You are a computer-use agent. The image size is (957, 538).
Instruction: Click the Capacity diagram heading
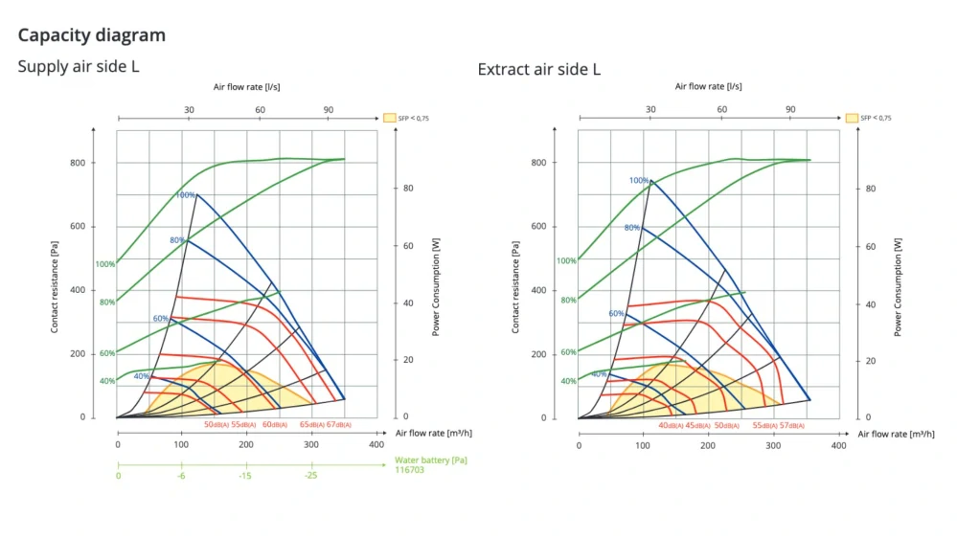point(92,35)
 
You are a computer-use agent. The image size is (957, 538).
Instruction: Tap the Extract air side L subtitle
point(539,69)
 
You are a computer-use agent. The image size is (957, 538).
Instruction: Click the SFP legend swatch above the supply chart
point(390,118)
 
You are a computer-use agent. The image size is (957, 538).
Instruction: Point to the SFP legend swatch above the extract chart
point(852,118)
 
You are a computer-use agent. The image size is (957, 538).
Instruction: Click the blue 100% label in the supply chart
point(185,195)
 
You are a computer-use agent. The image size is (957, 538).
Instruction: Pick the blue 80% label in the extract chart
point(632,228)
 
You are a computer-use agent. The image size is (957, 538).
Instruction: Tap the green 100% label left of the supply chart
point(105,264)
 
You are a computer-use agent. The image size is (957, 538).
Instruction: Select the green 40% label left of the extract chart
point(568,381)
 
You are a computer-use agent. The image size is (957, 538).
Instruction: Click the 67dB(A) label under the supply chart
point(339,424)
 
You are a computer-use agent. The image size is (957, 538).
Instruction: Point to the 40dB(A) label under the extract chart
point(671,425)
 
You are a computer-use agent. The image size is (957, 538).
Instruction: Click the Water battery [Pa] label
point(431,460)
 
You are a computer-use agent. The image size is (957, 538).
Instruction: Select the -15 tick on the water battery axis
point(245,476)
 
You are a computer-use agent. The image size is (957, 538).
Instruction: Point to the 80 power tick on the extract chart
point(870,189)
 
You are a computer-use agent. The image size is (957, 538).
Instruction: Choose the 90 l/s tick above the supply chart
point(328,109)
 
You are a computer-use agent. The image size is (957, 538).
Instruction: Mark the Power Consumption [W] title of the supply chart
point(436,287)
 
